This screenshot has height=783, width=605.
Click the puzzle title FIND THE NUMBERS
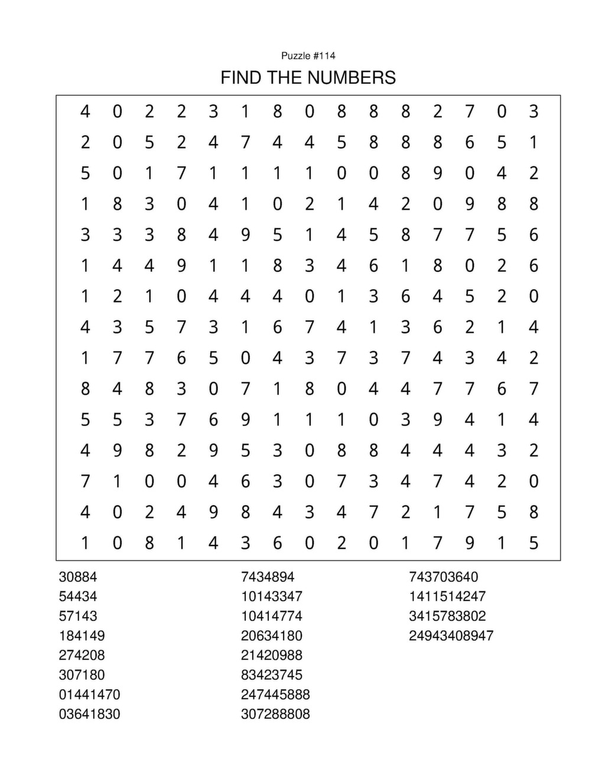[x=308, y=77]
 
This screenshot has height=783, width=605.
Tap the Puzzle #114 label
[x=308, y=56]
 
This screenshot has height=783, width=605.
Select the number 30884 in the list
[x=78, y=577]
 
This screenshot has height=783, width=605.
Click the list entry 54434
[x=78, y=596]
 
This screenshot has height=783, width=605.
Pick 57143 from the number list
[x=78, y=616]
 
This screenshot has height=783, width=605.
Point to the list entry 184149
[x=82, y=636]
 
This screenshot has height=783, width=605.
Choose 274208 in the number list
[x=82, y=655]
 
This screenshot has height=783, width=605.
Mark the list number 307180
[x=82, y=675]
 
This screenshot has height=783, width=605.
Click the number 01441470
[x=89, y=694]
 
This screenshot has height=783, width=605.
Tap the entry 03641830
[x=89, y=714]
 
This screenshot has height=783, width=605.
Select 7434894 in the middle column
[x=268, y=577]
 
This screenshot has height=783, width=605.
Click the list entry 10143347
[x=272, y=596]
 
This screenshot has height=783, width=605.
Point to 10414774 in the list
[x=272, y=616]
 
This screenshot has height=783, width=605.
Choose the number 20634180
[x=272, y=636]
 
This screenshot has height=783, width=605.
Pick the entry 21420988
[x=272, y=655]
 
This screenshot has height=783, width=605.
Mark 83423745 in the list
[x=272, y=675]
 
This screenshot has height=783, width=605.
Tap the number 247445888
[x=275, y=694]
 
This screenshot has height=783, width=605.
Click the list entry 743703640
[x=444, y=577]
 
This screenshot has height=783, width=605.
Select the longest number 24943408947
[x=451, y=636]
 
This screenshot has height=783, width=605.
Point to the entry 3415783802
[x=447, y=616]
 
